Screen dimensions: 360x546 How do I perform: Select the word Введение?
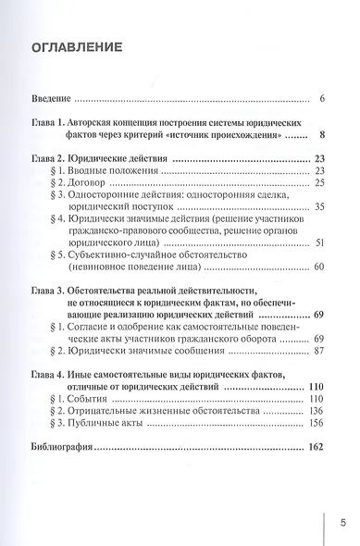tap(49, 99)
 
